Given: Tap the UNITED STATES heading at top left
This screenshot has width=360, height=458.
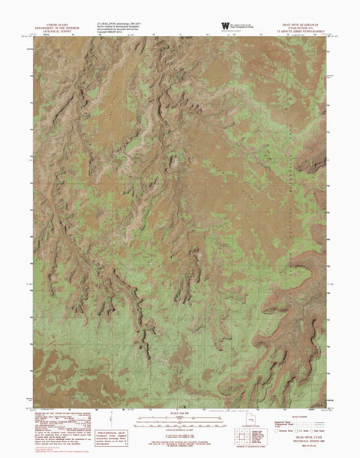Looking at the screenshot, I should [x=60, y=23].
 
